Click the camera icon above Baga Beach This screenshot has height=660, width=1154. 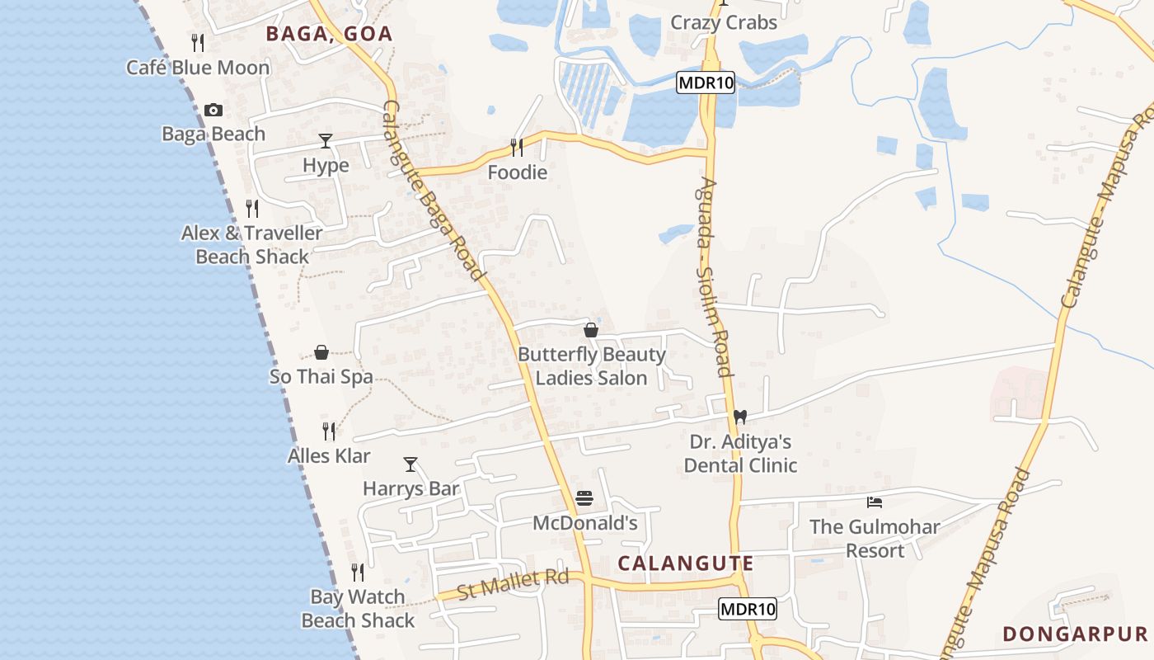click(213, 110)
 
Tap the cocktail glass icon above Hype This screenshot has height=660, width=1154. click(326, 141)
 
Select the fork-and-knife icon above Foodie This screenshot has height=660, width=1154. click(517, 148)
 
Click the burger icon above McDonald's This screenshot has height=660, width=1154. click(584, 498)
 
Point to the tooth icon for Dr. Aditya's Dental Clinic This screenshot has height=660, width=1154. click(739, 417)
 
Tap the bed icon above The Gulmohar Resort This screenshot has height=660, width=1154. click(875, 502)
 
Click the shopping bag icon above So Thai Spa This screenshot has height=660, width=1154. click(321, 353)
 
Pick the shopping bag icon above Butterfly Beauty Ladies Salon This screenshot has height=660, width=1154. click(591, 331)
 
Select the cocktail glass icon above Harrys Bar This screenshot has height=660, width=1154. click(410, 464)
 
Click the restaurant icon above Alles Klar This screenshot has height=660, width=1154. click(329, 431)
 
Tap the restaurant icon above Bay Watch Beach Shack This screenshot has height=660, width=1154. click(358, 573)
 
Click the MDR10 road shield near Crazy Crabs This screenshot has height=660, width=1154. click(706, 82)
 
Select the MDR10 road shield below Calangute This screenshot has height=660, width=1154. click(748, 610)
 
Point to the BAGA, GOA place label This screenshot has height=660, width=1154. click(328, 34)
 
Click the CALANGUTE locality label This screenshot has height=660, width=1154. click(686, 563)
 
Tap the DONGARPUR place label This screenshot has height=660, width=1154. click(1075, 634)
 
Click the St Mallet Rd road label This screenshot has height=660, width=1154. click(513, 584)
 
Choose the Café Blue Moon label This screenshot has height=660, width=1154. click(198, 68)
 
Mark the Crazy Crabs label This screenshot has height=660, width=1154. click(724, 22)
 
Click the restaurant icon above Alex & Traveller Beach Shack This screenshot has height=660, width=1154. click(252, 209)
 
